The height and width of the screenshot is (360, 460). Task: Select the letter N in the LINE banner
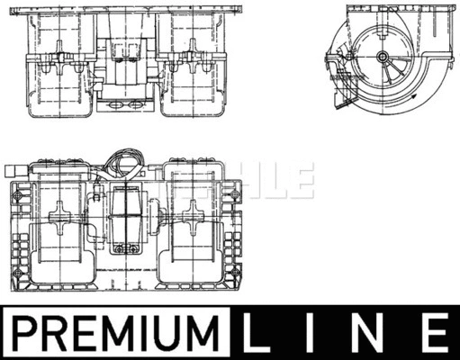373,332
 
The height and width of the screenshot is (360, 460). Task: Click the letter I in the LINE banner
314,332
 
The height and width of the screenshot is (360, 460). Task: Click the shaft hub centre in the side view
383,58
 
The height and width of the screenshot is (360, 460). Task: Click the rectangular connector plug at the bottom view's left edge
15,170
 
